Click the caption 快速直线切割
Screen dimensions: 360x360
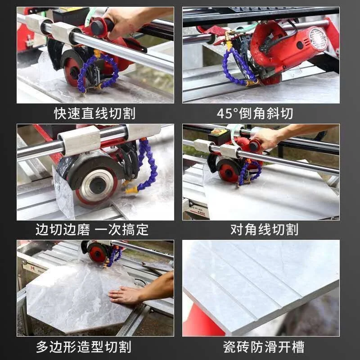[94, 113]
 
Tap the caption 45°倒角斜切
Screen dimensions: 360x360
[255, 113]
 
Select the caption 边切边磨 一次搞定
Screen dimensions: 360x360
[92, 229]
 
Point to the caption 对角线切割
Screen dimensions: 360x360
[264, 229]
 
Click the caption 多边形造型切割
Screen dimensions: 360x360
[84, 346]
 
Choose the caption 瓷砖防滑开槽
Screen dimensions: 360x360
[264, 346]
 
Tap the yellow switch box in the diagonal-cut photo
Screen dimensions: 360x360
[218, 132]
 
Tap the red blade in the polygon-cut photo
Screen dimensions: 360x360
[97, 253]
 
